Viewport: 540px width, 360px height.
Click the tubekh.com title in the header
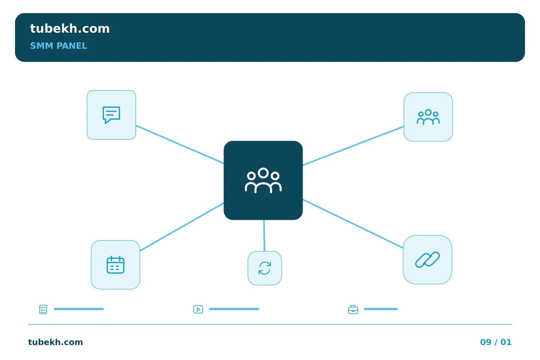pos(70,28)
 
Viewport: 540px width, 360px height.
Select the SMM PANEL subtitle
pos(58,46)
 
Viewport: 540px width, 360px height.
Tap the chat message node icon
pos(111,115)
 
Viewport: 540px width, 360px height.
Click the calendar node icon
pos(115,265)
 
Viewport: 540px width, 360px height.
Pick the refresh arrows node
pos(265,268)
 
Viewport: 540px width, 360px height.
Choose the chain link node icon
pos(427,260)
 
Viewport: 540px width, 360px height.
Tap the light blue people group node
pos(428,117)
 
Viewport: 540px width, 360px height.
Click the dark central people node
pos(263,180)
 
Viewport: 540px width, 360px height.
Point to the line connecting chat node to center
pos(180,144)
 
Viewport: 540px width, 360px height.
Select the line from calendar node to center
pos(182,227)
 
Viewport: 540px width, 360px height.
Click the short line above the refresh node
pos(264,235)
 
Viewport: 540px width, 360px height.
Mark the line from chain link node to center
pos(353,223)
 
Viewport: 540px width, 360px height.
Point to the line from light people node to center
pos(353,145)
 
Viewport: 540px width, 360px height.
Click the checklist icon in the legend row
pos(43,309)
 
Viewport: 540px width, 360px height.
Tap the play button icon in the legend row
pos(198,309)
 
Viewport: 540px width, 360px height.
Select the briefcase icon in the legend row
pos(353,310)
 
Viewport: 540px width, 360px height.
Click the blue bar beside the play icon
pos(234,309)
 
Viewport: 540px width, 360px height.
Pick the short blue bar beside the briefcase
pos(381,309)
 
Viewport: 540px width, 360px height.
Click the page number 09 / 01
pos(496,342)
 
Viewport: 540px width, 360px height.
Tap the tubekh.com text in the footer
pos(55,342)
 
